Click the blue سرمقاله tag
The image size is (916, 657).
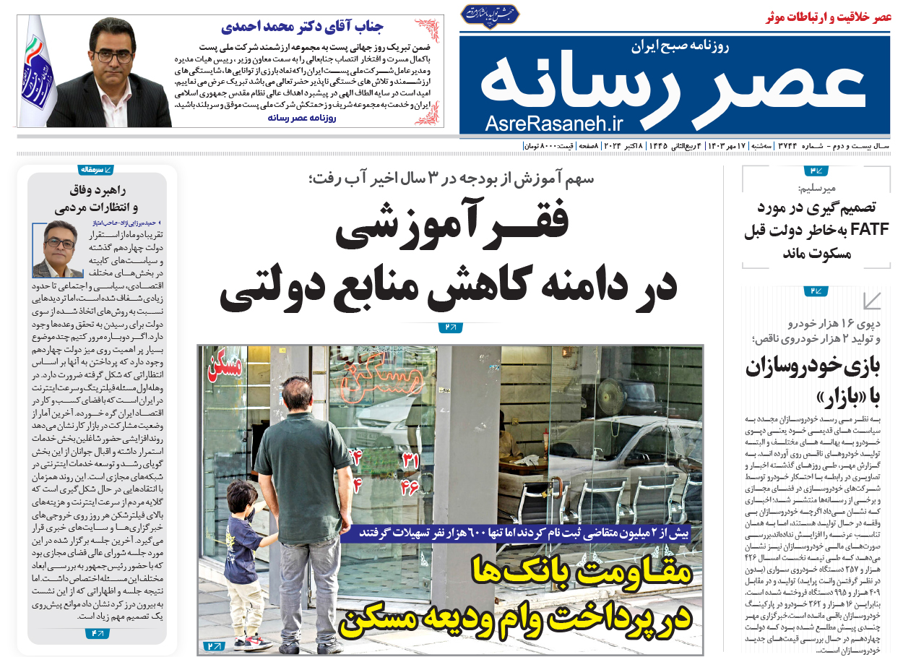click(x=96, y=169)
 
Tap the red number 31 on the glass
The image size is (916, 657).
click(x=410, y=461)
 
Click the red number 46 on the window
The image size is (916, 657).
click(x=409, y=487)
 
